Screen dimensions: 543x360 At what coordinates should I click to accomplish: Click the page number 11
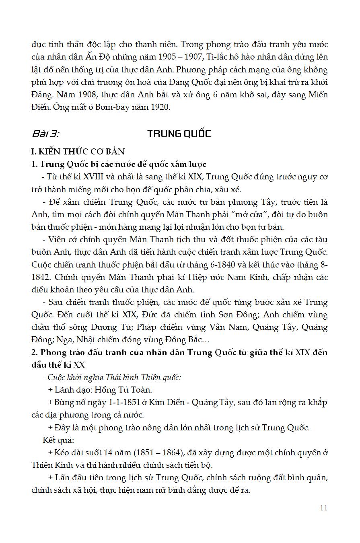coord(324,508)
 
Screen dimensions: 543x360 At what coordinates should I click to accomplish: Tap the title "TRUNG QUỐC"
coord(179,134)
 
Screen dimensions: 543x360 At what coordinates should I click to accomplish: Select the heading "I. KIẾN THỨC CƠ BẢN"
coord(78,151)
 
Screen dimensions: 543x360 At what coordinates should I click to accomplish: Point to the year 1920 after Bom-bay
coord(160,107)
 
